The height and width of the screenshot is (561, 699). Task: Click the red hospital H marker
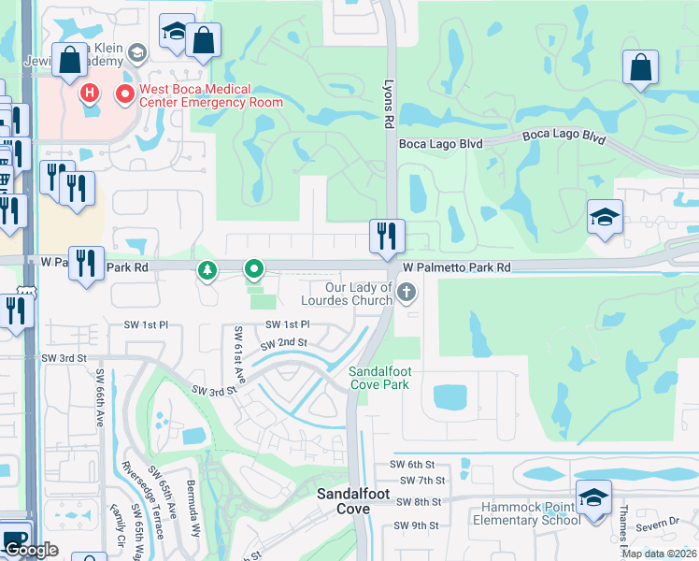90,93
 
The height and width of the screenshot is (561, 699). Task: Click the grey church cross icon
406,294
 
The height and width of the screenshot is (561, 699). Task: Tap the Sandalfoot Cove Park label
379,378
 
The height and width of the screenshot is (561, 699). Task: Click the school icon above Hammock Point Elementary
592,496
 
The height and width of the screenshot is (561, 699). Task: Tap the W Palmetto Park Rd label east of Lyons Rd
457,267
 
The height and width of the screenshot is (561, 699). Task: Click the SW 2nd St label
284,343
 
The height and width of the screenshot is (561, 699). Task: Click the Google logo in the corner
31,550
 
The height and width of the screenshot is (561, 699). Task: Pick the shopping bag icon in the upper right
640,67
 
